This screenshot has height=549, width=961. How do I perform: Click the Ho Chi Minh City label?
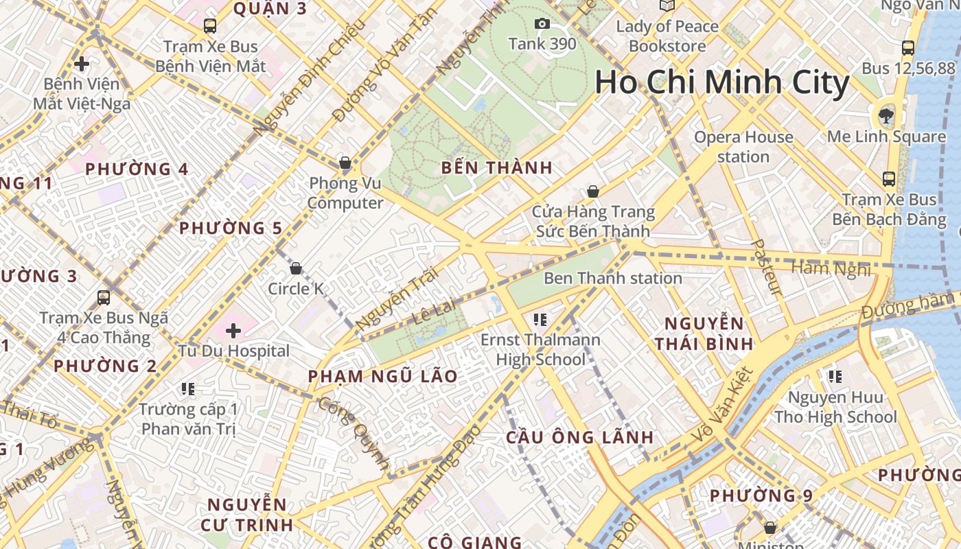click(x=722, y=82)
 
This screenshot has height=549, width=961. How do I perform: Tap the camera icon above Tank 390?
click(x=542, y=24)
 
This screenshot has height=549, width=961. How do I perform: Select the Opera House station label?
click(x=743, y=147)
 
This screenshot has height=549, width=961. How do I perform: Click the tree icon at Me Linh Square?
click(x=886, y=115)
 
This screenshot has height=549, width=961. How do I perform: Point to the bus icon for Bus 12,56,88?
click(x=908, y=48)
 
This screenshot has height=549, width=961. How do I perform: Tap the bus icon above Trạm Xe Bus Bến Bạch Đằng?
click(x=889, y=179)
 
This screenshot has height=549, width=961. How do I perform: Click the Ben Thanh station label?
click(x=613, y=278)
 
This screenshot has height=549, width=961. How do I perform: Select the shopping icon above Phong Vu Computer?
click(x=345, y=163)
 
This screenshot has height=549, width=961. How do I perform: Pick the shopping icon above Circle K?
click(x=296, y=268)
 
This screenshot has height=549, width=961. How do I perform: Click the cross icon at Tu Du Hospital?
click(x=233, y=331)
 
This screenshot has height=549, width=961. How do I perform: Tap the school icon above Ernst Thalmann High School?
click(x=540, y=319)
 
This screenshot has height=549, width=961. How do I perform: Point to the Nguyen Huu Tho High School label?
click(x=835, y=407)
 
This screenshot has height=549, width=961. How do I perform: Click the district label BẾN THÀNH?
click(x=497, y=167)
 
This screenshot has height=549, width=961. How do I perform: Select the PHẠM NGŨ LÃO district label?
click(x=382, y=376)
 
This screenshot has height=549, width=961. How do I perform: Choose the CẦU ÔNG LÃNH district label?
click(x=580, y=437)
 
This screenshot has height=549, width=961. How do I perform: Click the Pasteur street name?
click(x=767, y=268)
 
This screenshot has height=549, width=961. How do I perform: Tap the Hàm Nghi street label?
click(x=831, y=268)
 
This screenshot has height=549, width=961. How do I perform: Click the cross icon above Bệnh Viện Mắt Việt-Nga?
click(x=82, y=65)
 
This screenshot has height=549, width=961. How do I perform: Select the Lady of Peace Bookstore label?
click(x=667, y=36)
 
